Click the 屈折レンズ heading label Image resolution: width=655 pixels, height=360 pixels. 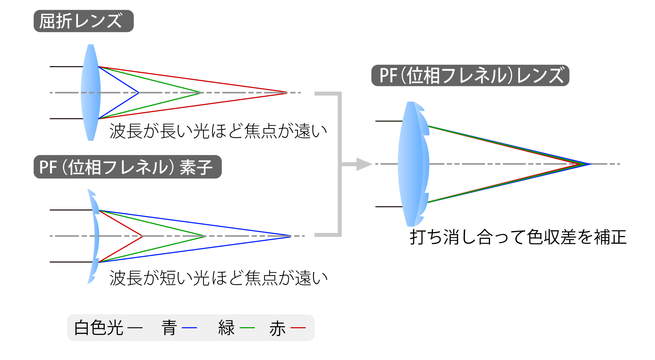(x=84, y=21)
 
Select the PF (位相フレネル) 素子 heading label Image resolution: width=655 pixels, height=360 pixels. (x=127, y=167)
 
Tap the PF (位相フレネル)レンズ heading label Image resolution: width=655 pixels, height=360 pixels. (x=470, y=76)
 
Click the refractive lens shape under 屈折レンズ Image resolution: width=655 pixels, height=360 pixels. (x=91, y=93)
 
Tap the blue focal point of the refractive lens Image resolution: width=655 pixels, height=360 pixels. (x=139, y=93)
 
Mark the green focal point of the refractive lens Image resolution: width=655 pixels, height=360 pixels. (x=202, y=93)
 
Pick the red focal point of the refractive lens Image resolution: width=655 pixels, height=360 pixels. (x=287, y=93)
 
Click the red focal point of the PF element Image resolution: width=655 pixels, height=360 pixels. (x=142, y=236)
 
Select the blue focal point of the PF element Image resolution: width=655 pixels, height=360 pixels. (x=290, y=236)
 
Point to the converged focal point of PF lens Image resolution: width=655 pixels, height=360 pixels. (x=589, y=164)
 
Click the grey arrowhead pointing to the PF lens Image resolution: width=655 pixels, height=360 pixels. (x=364, y=164)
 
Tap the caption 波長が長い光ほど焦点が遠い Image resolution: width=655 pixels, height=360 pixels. (x=218, y=131)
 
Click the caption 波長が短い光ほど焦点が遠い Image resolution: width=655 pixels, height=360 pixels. (x=218, y=278)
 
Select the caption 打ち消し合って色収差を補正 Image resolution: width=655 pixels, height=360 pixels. (x=518, y=237)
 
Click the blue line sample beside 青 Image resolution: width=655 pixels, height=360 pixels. (x=189, y=328)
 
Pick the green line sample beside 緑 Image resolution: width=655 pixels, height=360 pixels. (x=247, y=328)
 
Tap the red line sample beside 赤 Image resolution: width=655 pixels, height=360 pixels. (x=298, y=328)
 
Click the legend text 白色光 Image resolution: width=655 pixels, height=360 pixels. (x=99, y=328)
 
